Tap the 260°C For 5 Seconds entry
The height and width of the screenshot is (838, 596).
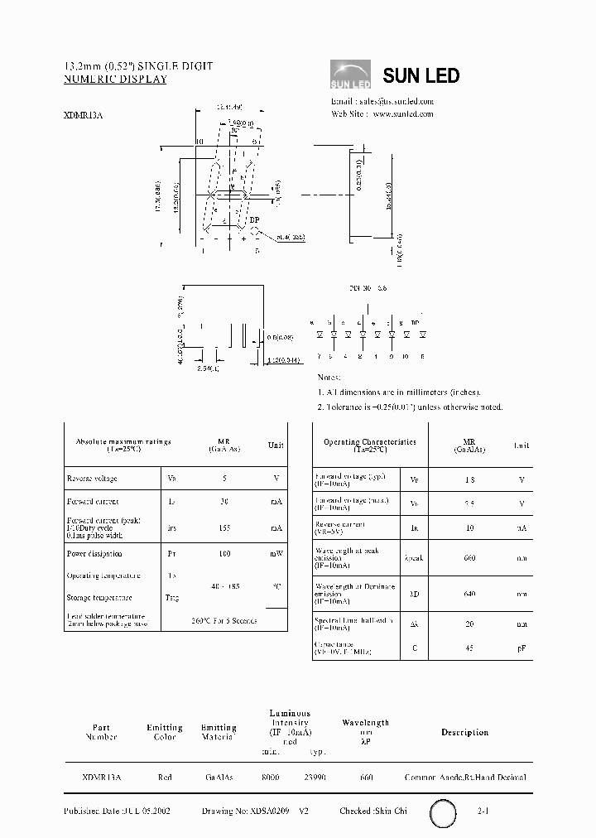click(x=223, y=620)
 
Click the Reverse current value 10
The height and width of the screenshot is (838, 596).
click(x=469, y=527)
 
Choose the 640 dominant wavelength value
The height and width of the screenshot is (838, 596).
click(x=469, y=593)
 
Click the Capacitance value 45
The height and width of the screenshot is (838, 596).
click(x=469, y=648)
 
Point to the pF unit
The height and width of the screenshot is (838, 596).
click(x=521, y=648)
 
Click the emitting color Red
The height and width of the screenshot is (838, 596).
click(x=164, y=778)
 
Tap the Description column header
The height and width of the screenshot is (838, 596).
click(x=464, y=732)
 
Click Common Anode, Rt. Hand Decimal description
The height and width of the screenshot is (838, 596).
click(x=465, y=778)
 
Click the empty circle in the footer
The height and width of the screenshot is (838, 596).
click(x=444, y=814)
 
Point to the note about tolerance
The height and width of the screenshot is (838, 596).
click(x=410, y=407)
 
